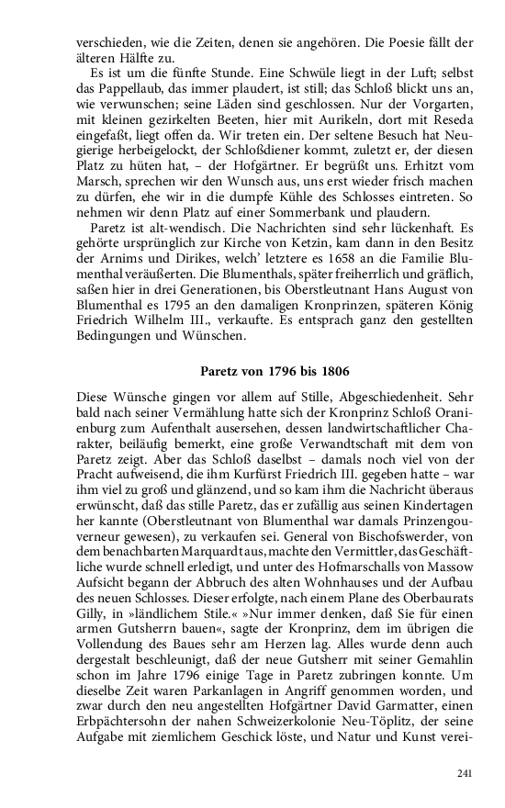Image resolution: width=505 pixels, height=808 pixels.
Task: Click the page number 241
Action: [x=464, y=774]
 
